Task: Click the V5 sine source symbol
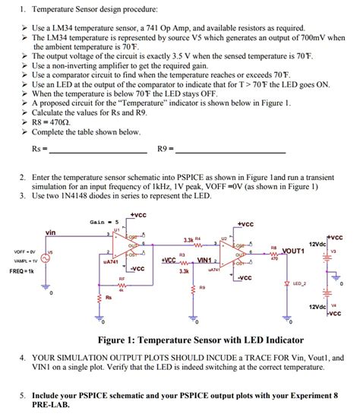click(46, 258)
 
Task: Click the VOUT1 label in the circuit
click(292, 250)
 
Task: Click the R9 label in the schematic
click(201, 287)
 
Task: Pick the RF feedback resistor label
click(122, 280)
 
